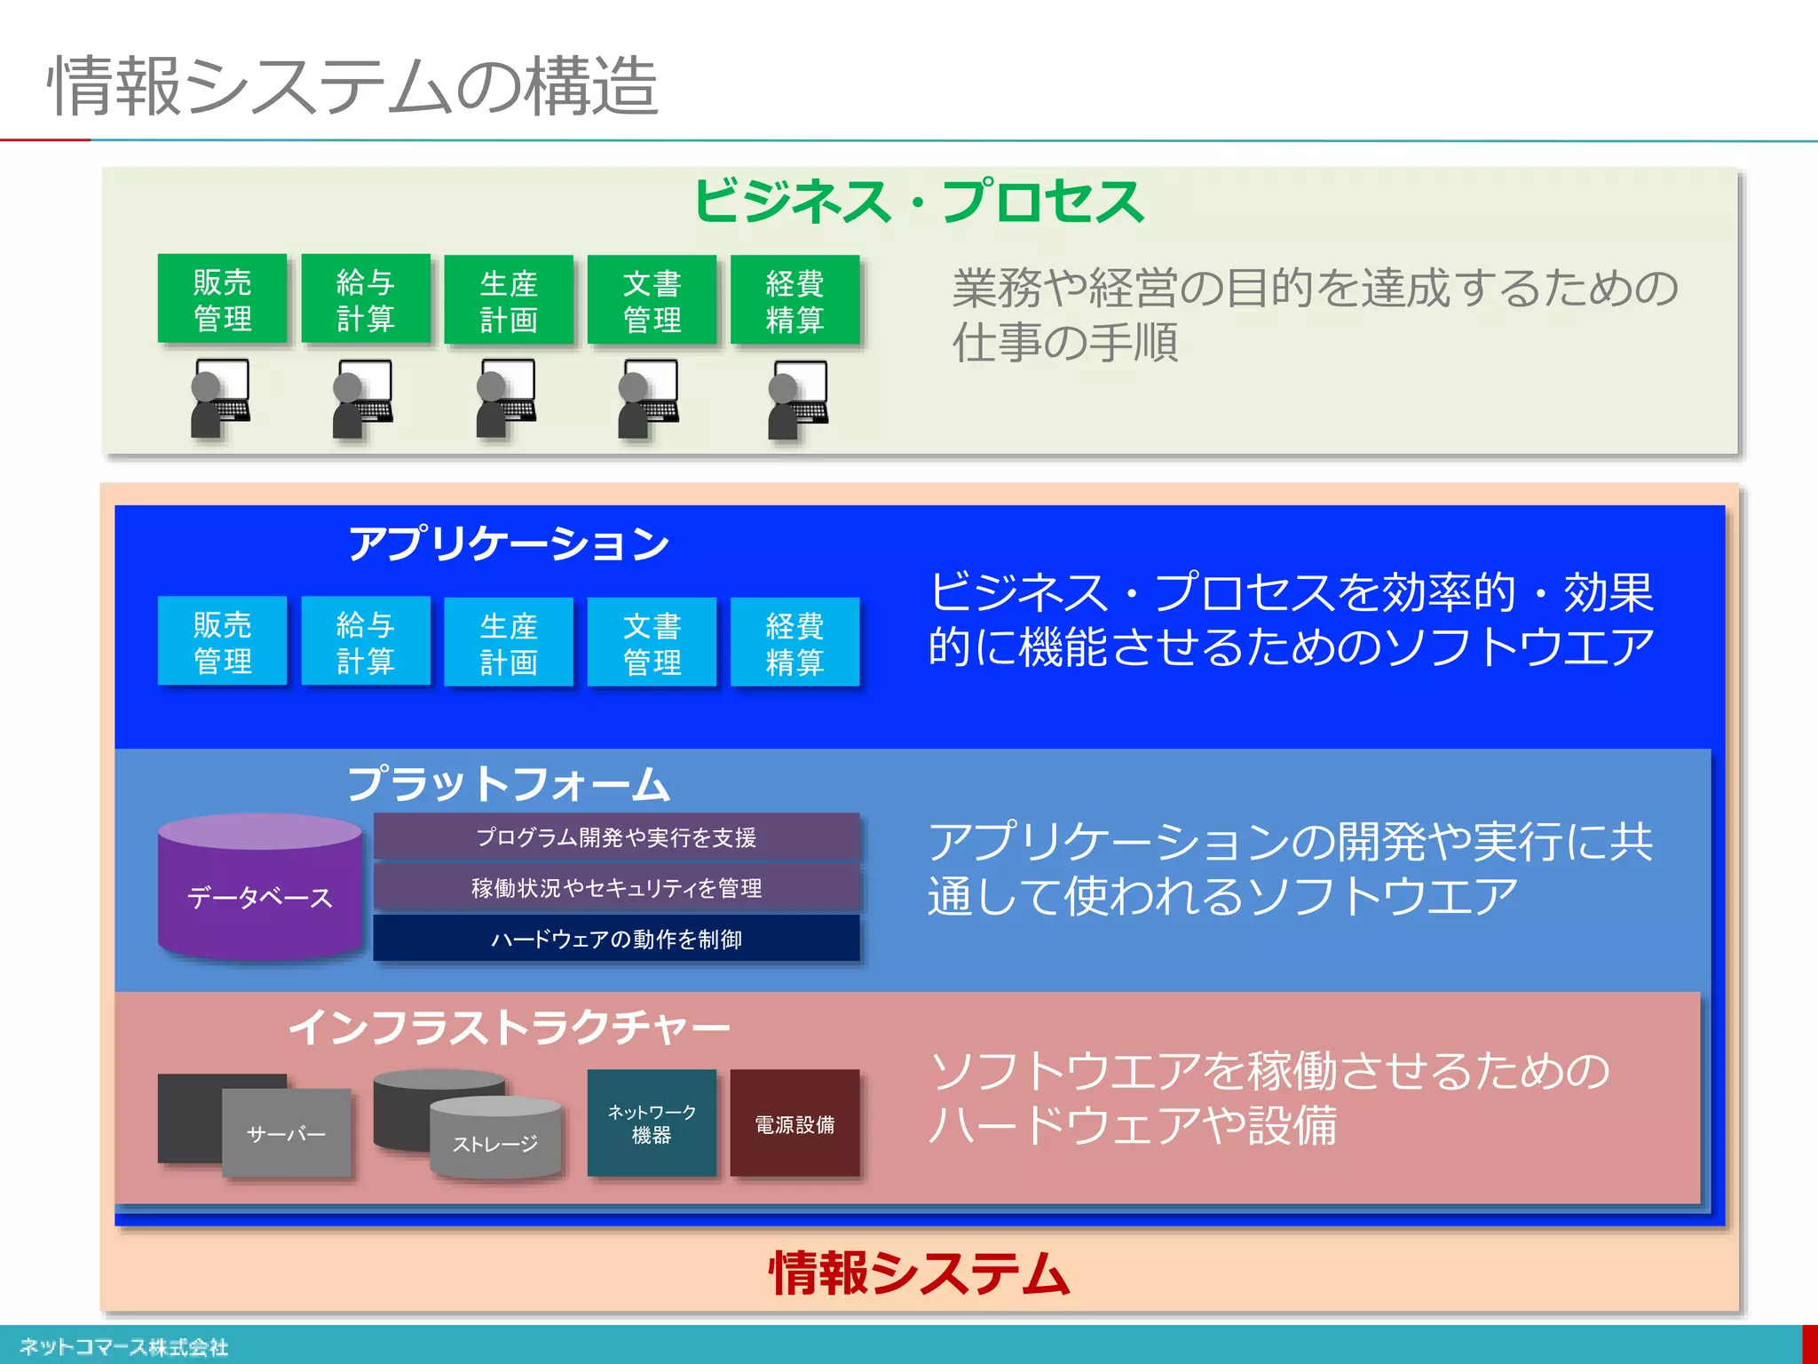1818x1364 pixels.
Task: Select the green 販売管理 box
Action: pyautogui.click(x=222, y=299)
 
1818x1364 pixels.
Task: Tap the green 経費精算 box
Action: pyautogui.click(x=794, y=300)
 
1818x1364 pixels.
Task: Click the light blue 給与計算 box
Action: pyautogui.click(x=365, y=641)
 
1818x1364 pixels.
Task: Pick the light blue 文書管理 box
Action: pyautogui.click(x=652, y=642)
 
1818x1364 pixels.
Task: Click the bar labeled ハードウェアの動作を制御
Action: pyautogui.click(x=616, y=939)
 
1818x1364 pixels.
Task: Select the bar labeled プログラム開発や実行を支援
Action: pyautogui.click(x=616, y=837)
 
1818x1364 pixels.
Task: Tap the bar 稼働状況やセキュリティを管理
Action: pyautogui.click(x=616, y=887)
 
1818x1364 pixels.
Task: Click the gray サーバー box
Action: pyautogui.click(x=286, y=1133)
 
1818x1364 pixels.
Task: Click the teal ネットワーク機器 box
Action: pyautogui.click(x=652, y=1123)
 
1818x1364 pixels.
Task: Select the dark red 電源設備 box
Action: pyautogui.click(x=794, y=1124)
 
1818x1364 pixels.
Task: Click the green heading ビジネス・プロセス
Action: pyautogui.click(x=918, y=202)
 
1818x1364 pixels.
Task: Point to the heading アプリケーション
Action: pyautogui.click(x=508, y=543)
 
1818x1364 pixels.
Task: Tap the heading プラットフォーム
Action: pyautogui.click(x=508, y=783)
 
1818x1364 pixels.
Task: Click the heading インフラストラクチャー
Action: pyautogui.click(x=508, y=1027)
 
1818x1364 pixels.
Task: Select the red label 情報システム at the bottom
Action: pyautogui.click(x=918, y=1273)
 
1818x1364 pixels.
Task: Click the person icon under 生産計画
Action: pyautogui.click(x=506, y=399)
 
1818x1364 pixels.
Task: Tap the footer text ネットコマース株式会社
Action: pyautogui.click(x=123, y=1346)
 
